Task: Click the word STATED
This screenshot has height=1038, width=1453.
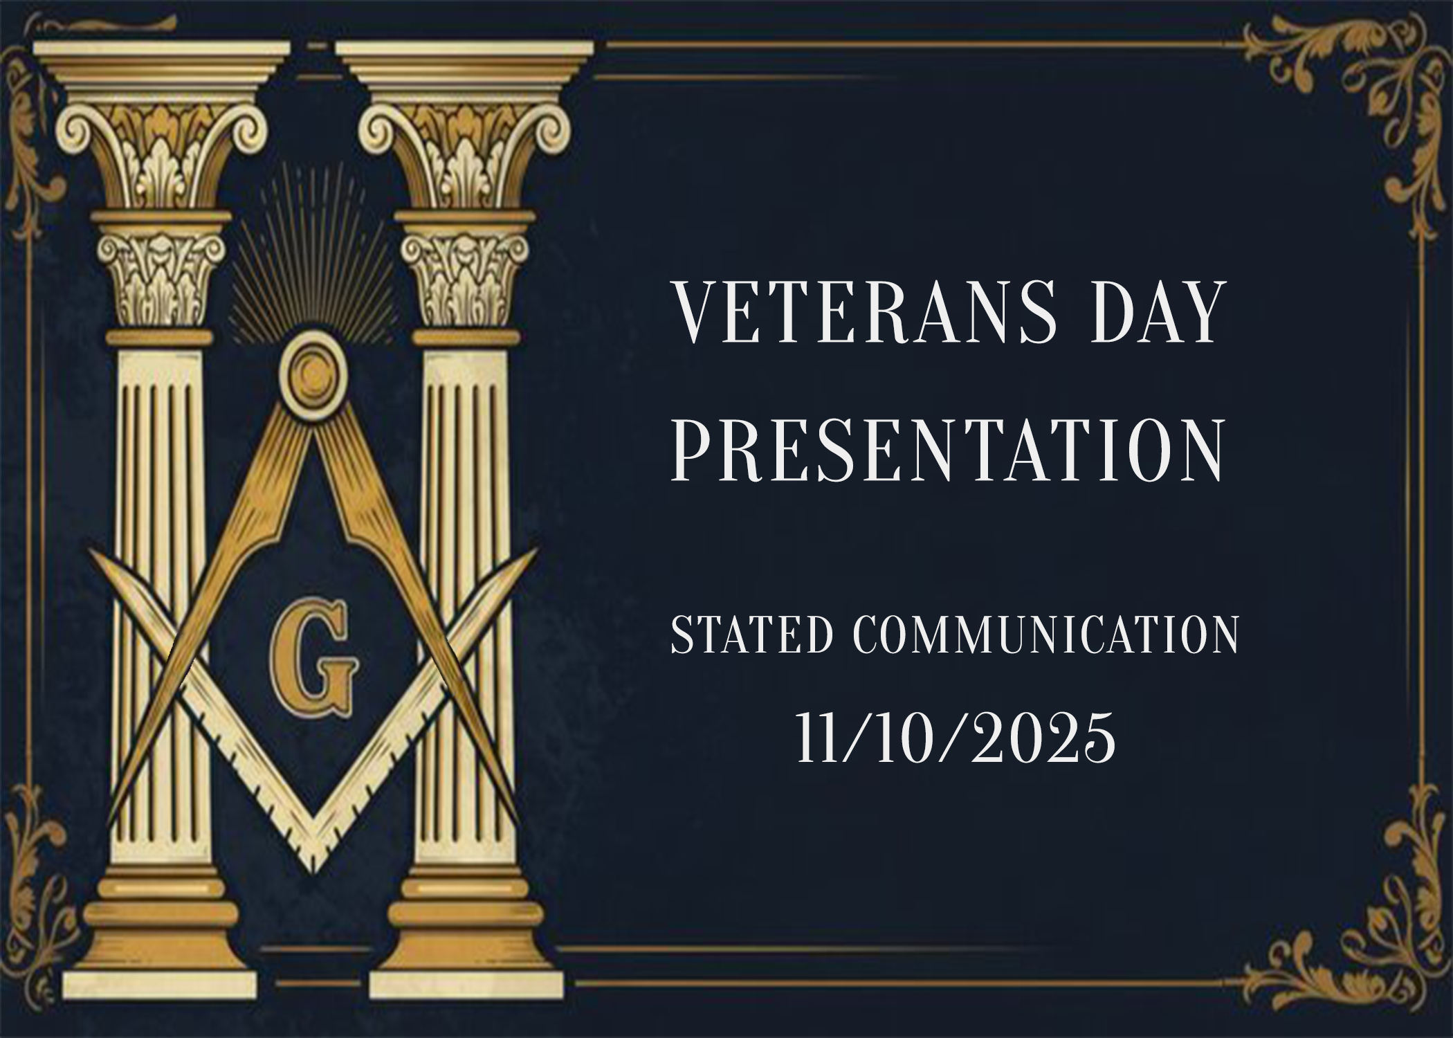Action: coord(751,635)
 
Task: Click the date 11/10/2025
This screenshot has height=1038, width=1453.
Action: coord(956,738)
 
